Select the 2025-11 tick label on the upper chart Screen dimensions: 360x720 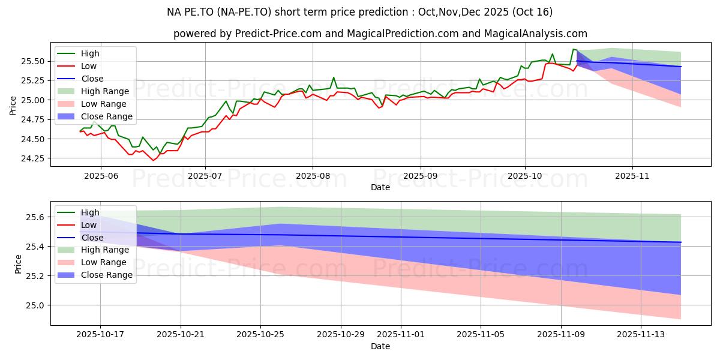pyautogui.click(x=632, y=175)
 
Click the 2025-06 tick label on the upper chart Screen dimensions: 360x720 pyautogui.click(x=100, y=175)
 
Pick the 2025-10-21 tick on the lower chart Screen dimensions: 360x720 pyautogui.click(x=181, y=326)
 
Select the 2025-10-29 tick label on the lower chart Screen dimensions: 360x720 pyautogui.click(x=341, y=335)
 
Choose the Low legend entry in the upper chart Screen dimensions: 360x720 pyautogui.click(x=88, y=66)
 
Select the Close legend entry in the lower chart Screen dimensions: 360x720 pyautogui.click(x=91, y=237)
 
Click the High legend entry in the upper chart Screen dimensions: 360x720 pyautogui.click(x=89, y=53)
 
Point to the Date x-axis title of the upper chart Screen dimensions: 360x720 pyautogui.click(x=380, y=187)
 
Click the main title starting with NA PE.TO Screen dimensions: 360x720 pyautogui.click(x=360, y=12)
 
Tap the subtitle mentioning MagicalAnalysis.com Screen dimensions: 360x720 pyautogui.click(x=380, y=34)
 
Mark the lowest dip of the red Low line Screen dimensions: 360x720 pyautogui.click(x=152, y=160)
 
